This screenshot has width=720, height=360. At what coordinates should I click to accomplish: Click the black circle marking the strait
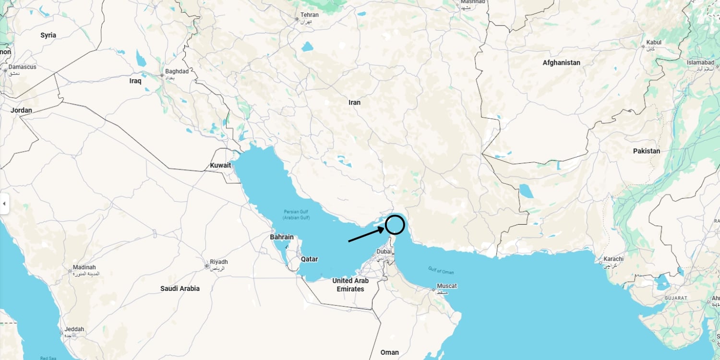point(395,225)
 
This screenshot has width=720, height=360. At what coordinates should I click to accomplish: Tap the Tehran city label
point(309,15)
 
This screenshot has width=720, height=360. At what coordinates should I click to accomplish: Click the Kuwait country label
point(220,165)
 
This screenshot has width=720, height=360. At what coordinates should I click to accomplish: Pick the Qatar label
point(309,259)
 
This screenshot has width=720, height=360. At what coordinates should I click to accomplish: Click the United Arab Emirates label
point(350,285)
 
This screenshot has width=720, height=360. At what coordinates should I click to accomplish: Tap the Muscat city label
point(446,286)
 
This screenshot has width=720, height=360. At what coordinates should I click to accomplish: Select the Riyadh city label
point(218,262)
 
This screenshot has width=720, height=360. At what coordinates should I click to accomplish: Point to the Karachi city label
point(613,259)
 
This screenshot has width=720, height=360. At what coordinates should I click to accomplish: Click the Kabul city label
point(654,42)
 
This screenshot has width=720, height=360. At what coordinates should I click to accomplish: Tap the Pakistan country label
point(646,151)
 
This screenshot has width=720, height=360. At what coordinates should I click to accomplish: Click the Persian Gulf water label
point(296,215)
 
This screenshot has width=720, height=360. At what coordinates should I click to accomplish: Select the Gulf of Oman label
point(441,270)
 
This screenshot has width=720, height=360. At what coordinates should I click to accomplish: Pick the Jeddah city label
point(74,329)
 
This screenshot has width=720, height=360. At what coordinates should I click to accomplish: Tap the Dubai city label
point(384,251)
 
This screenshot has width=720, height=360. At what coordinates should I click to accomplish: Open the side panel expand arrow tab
point(4,204)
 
